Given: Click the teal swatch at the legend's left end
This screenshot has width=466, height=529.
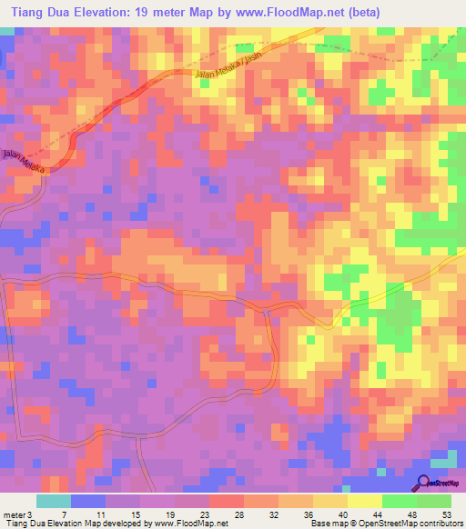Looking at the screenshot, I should (53, 501).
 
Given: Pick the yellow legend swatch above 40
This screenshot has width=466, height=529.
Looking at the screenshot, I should (330, 501).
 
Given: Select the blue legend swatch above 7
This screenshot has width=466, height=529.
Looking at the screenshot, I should (88, 501).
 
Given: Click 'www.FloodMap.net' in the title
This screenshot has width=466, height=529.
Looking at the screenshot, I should (285, 12).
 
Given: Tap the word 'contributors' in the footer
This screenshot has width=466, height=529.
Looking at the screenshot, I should (441, 524).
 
